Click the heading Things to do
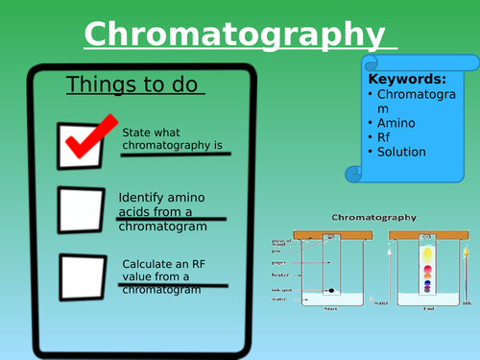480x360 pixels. [x=134, y=84]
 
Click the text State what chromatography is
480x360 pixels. [x=172, y=139]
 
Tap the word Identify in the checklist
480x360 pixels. [x=143, y=195]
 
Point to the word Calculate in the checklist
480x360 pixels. [x=150, y=263]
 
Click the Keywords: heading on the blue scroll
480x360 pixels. [x=408, y=80]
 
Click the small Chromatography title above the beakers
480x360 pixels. [x=373, y=218]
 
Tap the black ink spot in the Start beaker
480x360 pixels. [x=333, y=289]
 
